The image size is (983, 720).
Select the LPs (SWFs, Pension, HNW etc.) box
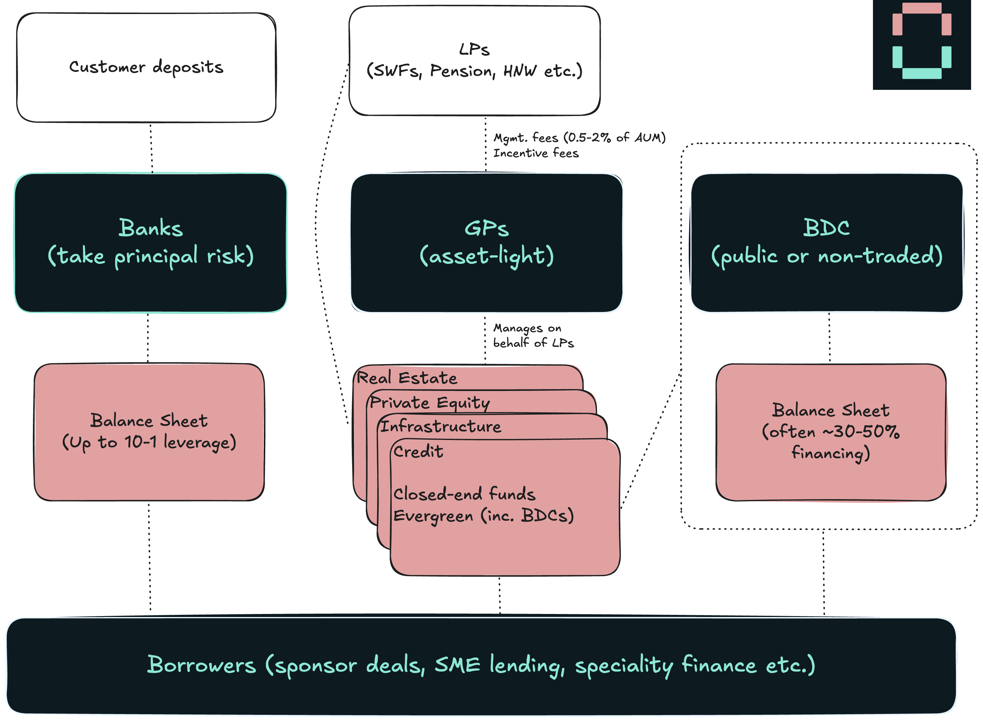coord(474,61)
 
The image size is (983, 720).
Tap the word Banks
coord(150,228)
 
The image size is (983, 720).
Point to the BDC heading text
coord(827,228)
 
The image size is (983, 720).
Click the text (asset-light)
coord(487,256)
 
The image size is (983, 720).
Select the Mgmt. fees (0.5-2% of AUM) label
coord(579,138)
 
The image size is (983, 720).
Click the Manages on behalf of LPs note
coord(533,335)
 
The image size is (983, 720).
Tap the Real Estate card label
coord(407,378)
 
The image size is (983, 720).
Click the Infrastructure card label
coord(441,426)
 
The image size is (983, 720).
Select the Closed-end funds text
coord(464,494)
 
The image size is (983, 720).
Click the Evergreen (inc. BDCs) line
coord(483,516)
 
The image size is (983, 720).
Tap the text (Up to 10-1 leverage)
coord(149,442)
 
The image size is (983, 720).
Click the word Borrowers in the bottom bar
coord(202,665)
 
